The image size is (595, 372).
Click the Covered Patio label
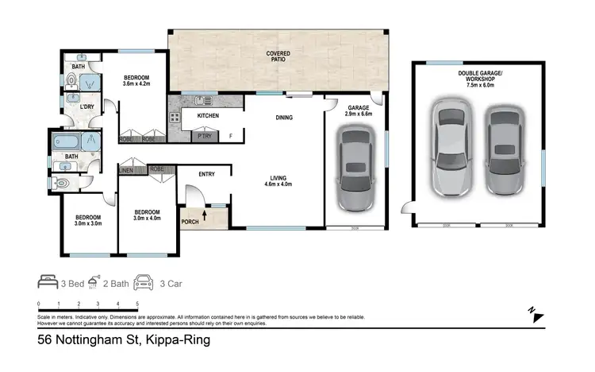click(x=278, y=56)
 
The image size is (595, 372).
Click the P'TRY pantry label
click(x=204, y=136)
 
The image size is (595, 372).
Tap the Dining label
click(x=283, y=118)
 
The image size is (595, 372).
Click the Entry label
click(x=208, y=175)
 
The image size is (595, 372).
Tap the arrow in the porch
click(x=205, y=213)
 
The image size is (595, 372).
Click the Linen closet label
click(x=126, y=169)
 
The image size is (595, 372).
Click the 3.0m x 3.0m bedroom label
click(x=88, y=222)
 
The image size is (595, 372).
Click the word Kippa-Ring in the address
click(x=177, y=340)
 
